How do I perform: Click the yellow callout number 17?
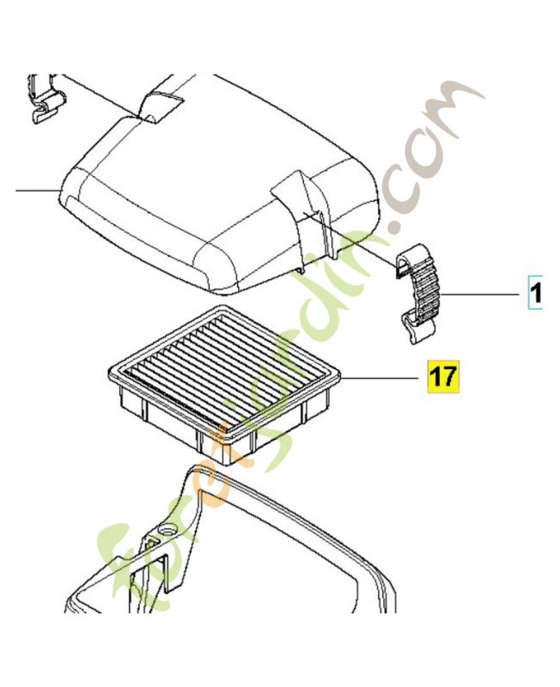pos(443,376)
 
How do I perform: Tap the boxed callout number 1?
pos(535,293)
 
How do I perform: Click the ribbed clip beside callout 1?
pos(418,294)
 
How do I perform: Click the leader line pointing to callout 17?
pos(378,377)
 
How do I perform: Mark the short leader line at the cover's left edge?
pos(37,191)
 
